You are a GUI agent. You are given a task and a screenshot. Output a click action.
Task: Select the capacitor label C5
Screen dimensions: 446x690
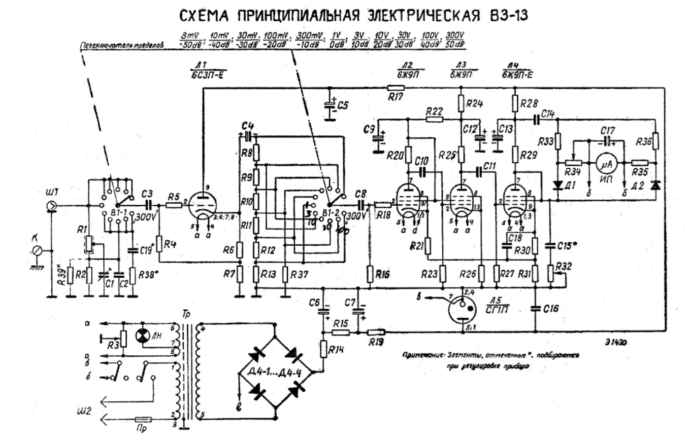point(344,106)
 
